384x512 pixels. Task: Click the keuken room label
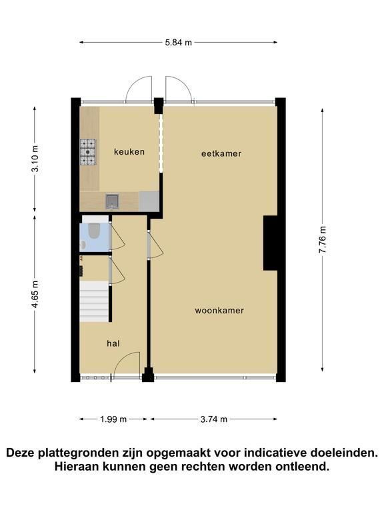(129, 152)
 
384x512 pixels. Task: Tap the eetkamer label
(221, 153)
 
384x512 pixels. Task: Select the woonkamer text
(219, 311)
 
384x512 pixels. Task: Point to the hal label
(113, 343)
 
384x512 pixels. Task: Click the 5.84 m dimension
(178, 43)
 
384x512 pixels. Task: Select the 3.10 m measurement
(35, 159)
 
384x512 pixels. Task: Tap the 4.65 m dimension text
(35, 293)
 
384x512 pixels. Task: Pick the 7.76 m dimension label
(323, 240)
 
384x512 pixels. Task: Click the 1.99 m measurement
(113, 419)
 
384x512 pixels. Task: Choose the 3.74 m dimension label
(213, 419)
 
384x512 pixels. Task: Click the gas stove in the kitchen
(88, 152)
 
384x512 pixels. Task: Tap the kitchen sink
(112, 201)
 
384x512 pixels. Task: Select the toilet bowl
(94, 230)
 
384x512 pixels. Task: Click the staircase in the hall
(94, 302)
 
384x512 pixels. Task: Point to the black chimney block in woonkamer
(270, 243)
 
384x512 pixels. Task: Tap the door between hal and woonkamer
(155, 245)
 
